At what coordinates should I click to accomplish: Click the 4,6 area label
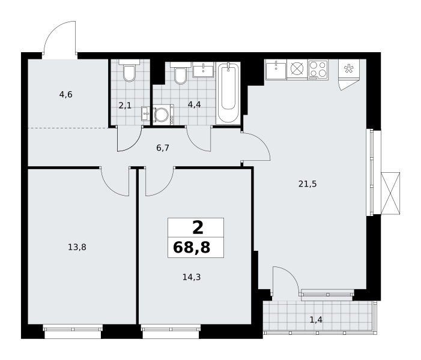click(66, 95)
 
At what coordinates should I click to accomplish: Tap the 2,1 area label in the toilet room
click(125, 106)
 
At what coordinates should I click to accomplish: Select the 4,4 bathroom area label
click(194, 104)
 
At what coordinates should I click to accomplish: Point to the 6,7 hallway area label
click(163, 148)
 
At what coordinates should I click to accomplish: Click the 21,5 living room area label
click(307, 184)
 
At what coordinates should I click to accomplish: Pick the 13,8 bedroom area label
click(77, 247)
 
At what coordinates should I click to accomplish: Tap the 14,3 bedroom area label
click(192, 277)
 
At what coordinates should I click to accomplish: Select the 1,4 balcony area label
click(316, 320)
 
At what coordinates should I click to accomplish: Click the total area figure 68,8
click(192, 247)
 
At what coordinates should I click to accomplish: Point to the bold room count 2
click(198, 228)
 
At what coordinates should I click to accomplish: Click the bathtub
click(228, 93)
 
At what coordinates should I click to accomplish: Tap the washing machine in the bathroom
click(163, 115)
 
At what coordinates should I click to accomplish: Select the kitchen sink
click(276, 70)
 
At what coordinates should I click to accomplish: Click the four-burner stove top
click(318, 70)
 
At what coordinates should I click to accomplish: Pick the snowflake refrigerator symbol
click(349, 68)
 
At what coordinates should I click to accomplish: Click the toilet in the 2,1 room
click(129, 71)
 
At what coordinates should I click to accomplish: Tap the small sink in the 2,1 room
click(145, 114)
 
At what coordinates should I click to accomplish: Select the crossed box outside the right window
click(390, 193)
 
